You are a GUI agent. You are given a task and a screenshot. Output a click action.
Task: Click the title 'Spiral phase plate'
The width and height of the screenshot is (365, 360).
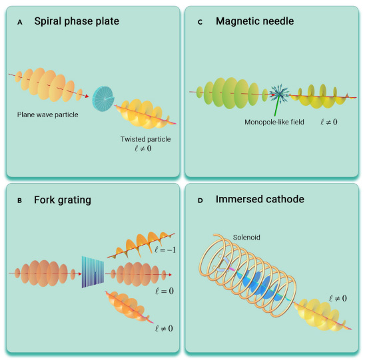pos(77,21)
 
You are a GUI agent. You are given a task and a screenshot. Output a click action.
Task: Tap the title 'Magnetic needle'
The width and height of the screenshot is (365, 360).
pos(254,21)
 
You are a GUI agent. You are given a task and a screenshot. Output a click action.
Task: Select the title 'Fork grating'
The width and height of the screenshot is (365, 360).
pos(63,200)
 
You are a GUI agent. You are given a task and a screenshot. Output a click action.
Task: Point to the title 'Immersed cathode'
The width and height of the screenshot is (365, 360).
pos(260,200)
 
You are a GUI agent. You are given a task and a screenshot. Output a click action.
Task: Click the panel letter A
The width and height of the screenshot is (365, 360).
pos(20,23)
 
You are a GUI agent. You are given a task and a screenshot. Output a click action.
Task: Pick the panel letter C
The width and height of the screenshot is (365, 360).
pos(200,22)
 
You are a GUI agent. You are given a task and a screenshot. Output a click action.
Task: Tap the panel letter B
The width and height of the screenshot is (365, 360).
pos(19,200)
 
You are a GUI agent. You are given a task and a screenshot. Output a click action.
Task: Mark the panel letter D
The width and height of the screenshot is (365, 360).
pos(200,200)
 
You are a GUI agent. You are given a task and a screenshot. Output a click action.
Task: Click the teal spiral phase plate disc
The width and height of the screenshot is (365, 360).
pos(103,98)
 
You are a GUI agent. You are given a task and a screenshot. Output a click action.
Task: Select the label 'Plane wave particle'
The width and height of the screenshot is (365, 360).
pos(47,114)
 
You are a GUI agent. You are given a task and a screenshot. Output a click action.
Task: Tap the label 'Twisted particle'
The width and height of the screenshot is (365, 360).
pos(145,139)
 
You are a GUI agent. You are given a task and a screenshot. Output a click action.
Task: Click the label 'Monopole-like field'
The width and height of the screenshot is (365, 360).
pos(274,122)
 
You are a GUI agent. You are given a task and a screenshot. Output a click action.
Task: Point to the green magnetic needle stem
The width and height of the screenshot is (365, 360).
pos(276,106)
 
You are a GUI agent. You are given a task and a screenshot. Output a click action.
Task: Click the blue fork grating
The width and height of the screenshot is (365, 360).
pos(93,271)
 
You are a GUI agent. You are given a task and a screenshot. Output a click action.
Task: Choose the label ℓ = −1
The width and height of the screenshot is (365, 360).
pos(165,250)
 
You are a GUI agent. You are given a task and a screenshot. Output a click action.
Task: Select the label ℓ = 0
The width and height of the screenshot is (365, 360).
pos(165,291)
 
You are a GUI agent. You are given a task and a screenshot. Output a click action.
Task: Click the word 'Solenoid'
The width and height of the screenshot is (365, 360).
pos(246,238)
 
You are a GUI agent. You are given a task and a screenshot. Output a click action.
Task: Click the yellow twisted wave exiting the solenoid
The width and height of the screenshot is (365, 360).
pos(321,315)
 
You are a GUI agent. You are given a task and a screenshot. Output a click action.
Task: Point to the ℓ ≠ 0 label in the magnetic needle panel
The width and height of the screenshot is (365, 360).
pos(328,122)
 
